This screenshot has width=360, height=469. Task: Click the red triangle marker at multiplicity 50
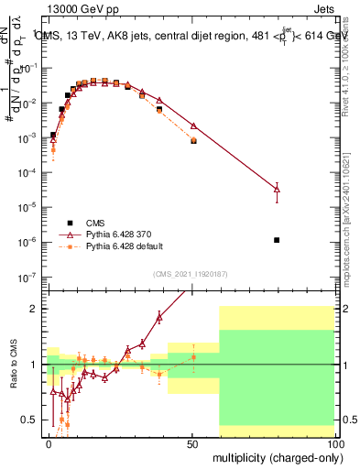point(193,125)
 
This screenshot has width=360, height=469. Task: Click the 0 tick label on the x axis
point(48,443)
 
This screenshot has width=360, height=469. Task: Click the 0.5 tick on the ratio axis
point(30,420)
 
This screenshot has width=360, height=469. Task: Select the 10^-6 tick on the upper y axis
point(27,242)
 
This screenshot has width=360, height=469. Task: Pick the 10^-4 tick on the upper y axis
point(27,172)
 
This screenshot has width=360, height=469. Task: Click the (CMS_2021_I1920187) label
point(191,273)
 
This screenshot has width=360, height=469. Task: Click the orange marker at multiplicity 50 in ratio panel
point(193,357)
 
